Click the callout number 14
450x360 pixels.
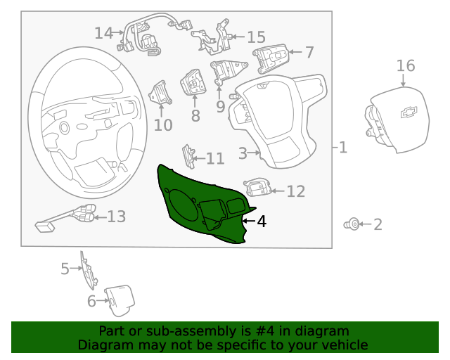pyautogui.click(x=103, y=32)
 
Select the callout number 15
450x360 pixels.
pyautogui.click(x=256, y=37)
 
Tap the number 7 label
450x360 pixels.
pyautogui.click(x=309, y=51)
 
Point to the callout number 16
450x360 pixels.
pyautogui.click(x=406, y=65)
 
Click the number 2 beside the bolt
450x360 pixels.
pyautogui.click(x=378, y=225)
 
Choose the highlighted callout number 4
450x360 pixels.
pyautogui.click(x=262, y=221)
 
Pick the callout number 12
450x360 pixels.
pyautogui.click(x=296, y=191)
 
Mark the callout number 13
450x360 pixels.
pyautogui.click(x=116, y=217)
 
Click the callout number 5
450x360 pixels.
pyautogui.click(x=65, y=269)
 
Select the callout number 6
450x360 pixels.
pyautogui.click(x=91, y=302)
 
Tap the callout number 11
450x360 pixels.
pyautogui.click(x=215, y=159)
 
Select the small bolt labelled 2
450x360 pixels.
pyautogui.click(x=353, y=224)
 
